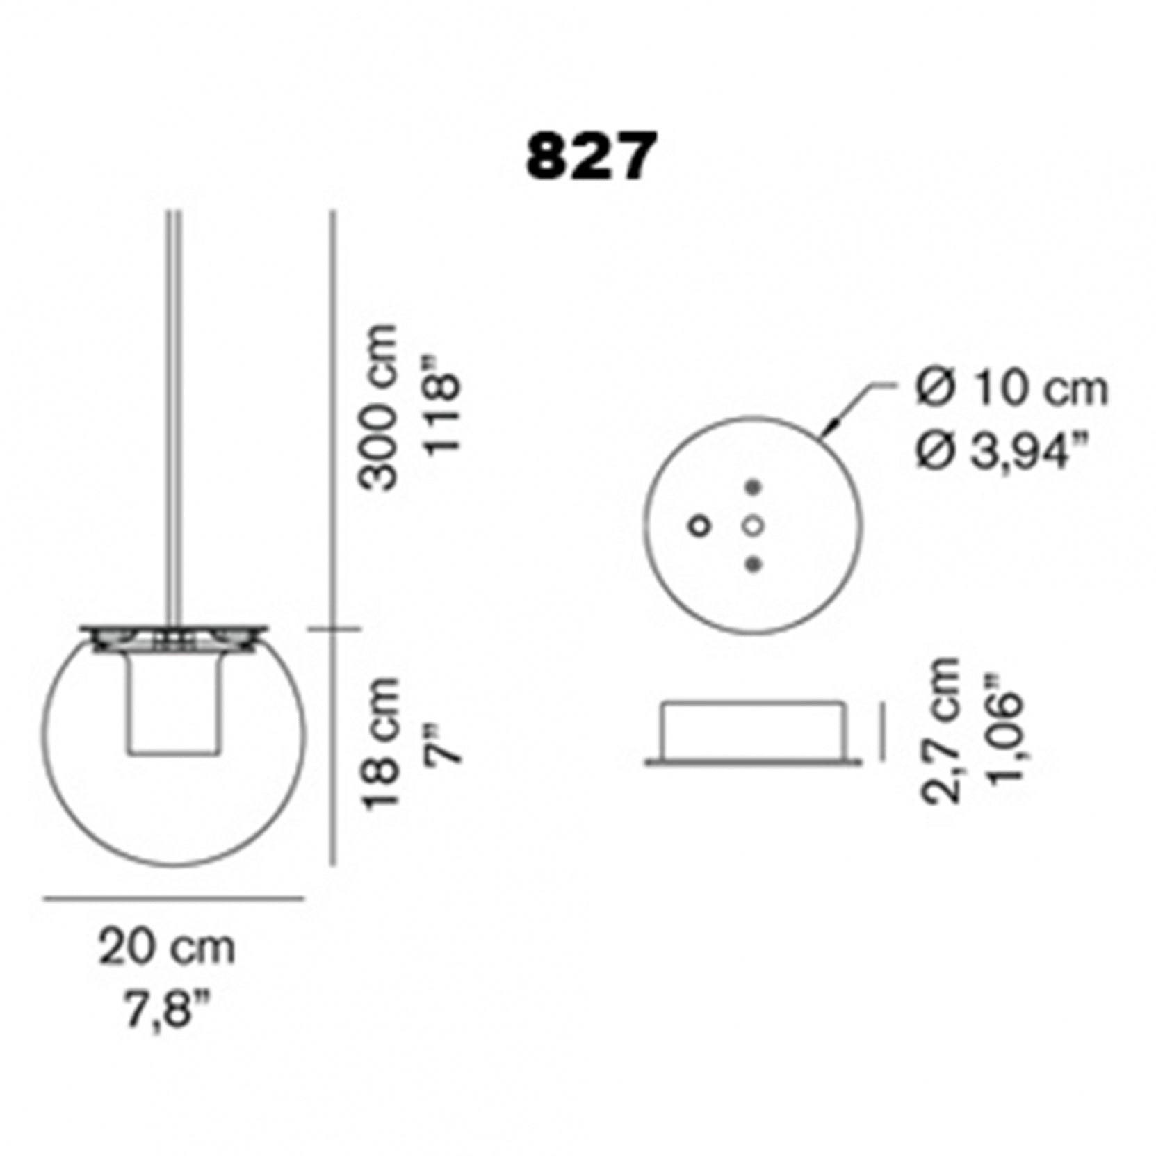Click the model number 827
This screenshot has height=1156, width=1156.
[x=589, y=158]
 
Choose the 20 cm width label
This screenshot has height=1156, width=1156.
[x=167, y=947]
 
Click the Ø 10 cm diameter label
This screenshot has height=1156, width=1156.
[x=1011, y=389]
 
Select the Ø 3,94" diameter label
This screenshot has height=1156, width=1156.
[x=1002, y=453]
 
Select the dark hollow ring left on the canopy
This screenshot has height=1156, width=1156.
[x=699, y=526]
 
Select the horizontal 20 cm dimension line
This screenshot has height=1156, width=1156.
[x=174, y=898]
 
